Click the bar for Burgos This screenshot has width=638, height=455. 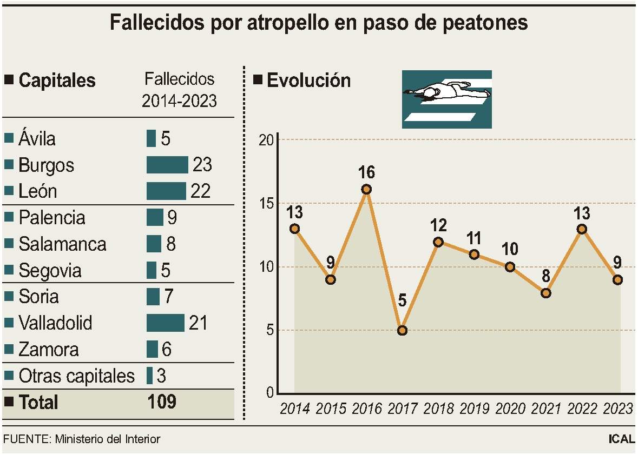point(167,165)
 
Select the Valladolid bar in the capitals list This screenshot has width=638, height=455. point(166,323)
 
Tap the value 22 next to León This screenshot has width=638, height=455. point(200,191)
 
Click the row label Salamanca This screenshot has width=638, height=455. point(62,244)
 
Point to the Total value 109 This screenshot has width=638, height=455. point(162,402)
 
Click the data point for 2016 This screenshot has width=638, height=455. point(366,189)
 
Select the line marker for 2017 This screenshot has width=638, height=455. point(402,330)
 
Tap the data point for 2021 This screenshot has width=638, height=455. point(545,293)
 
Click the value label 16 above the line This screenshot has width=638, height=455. point(366,173)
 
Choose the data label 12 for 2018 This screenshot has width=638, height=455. point(438,225)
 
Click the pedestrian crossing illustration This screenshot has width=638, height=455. point(446,99)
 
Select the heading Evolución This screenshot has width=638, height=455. point(308,81)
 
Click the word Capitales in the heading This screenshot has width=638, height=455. point(57,81)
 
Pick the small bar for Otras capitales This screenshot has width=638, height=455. point(149,376)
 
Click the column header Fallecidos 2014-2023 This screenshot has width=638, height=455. point(179,90)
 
